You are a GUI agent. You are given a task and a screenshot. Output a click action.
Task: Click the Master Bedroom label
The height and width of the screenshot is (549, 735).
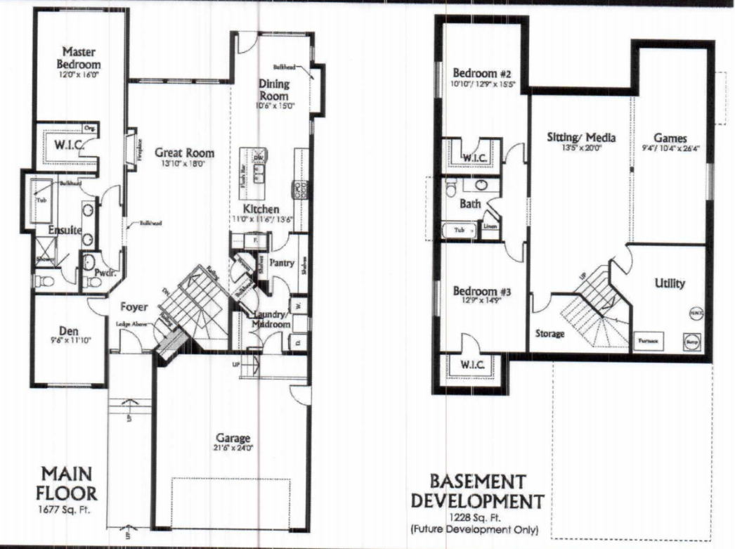tap(79, 58)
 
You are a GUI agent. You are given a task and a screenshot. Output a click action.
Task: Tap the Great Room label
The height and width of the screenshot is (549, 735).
tap(185, 153)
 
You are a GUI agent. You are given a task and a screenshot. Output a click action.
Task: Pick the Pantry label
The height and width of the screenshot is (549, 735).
tap(281, 263)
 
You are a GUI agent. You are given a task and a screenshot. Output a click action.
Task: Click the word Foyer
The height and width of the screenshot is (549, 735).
tap(133, 306)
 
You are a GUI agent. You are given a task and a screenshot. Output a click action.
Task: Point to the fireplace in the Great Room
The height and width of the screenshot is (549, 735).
tap(131, 150)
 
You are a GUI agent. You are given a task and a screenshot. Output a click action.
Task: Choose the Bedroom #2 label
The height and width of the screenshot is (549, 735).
tap(476, 74)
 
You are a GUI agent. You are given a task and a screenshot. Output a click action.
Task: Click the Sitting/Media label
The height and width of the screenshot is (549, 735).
tap(581, 138)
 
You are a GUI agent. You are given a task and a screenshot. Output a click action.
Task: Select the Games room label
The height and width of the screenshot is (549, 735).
tap(670, 138)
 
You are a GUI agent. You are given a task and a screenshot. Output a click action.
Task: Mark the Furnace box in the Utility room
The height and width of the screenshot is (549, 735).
tap(647, 340)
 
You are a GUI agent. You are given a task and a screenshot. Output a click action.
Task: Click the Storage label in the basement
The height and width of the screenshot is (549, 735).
tap(549, 333)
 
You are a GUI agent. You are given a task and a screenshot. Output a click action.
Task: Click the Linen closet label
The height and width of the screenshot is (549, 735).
tap(490, 227)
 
